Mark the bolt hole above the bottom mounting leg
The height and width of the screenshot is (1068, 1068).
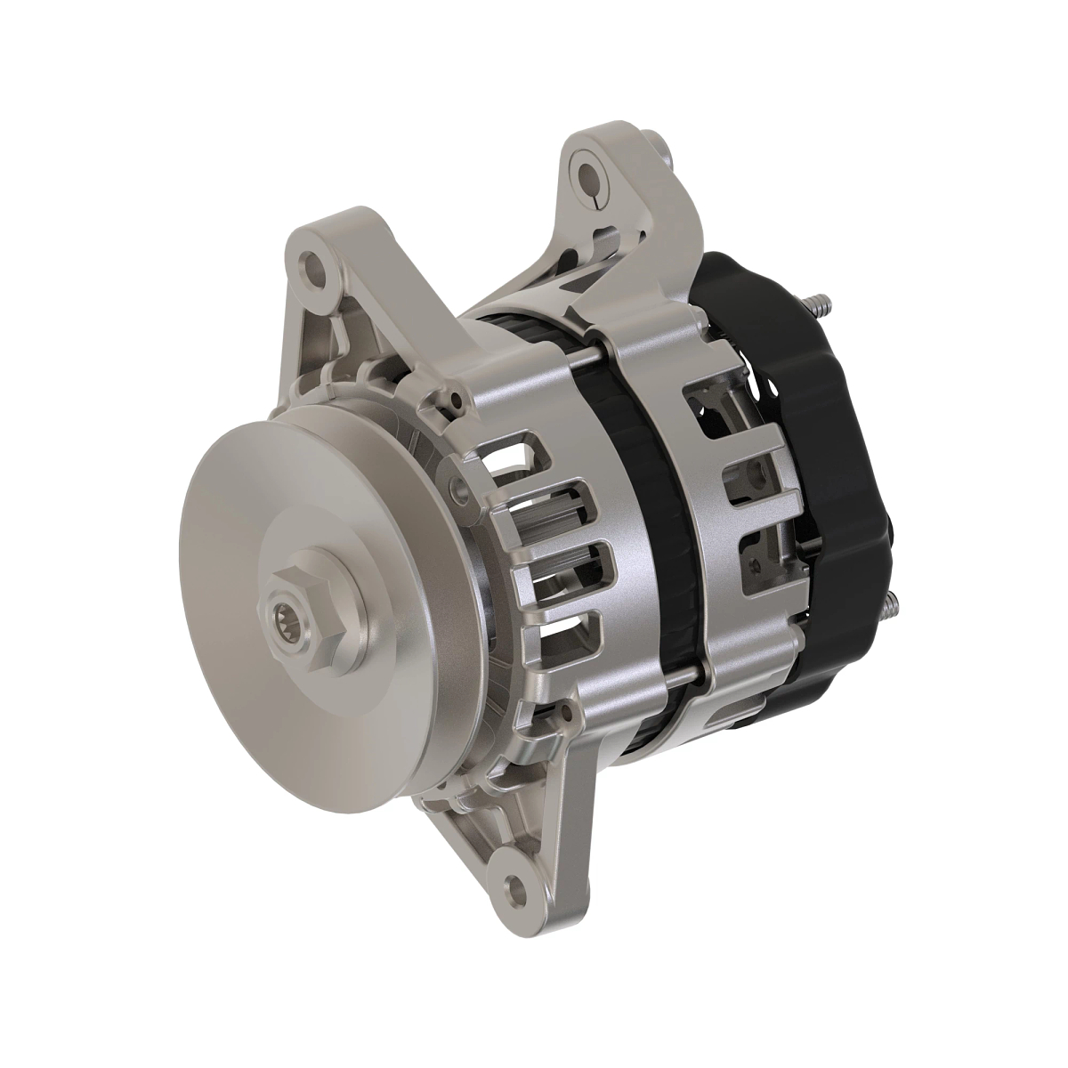tap(561, 712)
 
